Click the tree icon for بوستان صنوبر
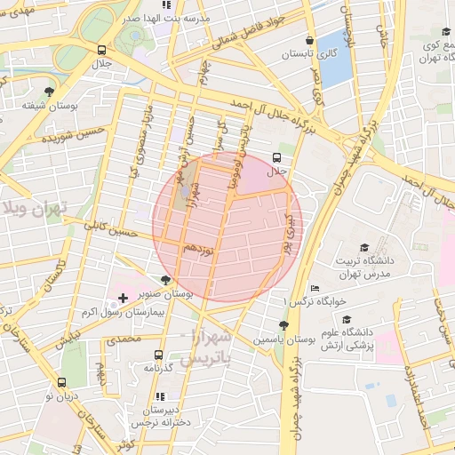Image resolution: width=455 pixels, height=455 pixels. (165, 280)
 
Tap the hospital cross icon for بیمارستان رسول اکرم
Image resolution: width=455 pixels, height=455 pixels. (123, 296)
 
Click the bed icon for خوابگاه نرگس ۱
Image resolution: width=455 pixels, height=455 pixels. (315, 289)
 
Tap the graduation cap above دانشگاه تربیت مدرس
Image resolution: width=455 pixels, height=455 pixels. (363, 247)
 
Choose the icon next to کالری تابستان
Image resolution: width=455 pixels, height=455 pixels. (309, 40)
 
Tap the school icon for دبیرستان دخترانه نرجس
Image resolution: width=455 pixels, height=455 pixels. (159, 396)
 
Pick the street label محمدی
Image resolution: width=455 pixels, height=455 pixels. (123, 340)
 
